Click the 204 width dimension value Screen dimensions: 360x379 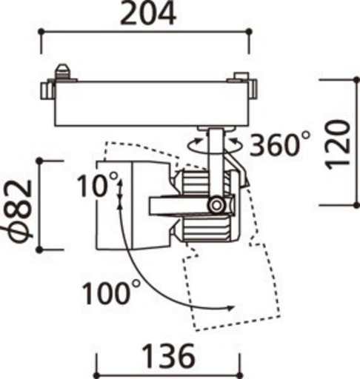pos(148,13)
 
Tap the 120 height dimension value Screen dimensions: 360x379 pos(339,145)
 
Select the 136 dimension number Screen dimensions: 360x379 pos(169,356)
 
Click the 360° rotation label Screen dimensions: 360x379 pos(279,144)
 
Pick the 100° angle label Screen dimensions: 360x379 pos(111,292)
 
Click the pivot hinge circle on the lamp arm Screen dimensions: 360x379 pos(216,204)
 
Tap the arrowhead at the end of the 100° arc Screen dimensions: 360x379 pos(230,308)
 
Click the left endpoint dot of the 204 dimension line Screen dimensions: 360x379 pos(41,32)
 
